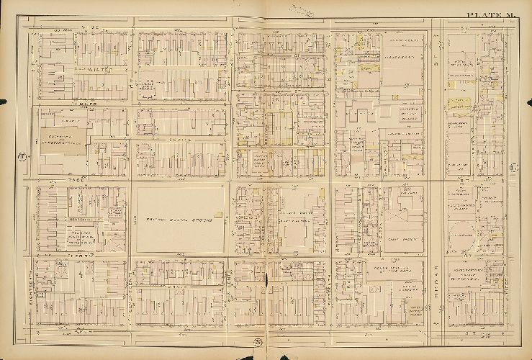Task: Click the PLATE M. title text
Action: tap(489, 15)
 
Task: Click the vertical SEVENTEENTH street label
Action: tap(130, 216)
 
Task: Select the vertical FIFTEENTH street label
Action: tap(330, 288)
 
